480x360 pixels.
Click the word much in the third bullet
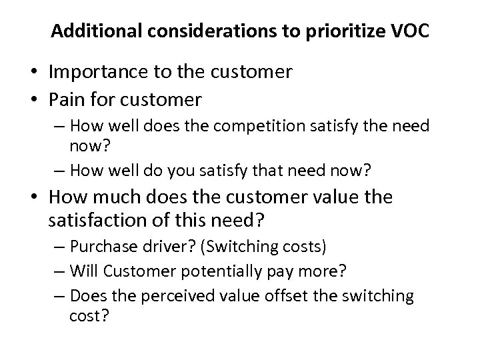(129, 198)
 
